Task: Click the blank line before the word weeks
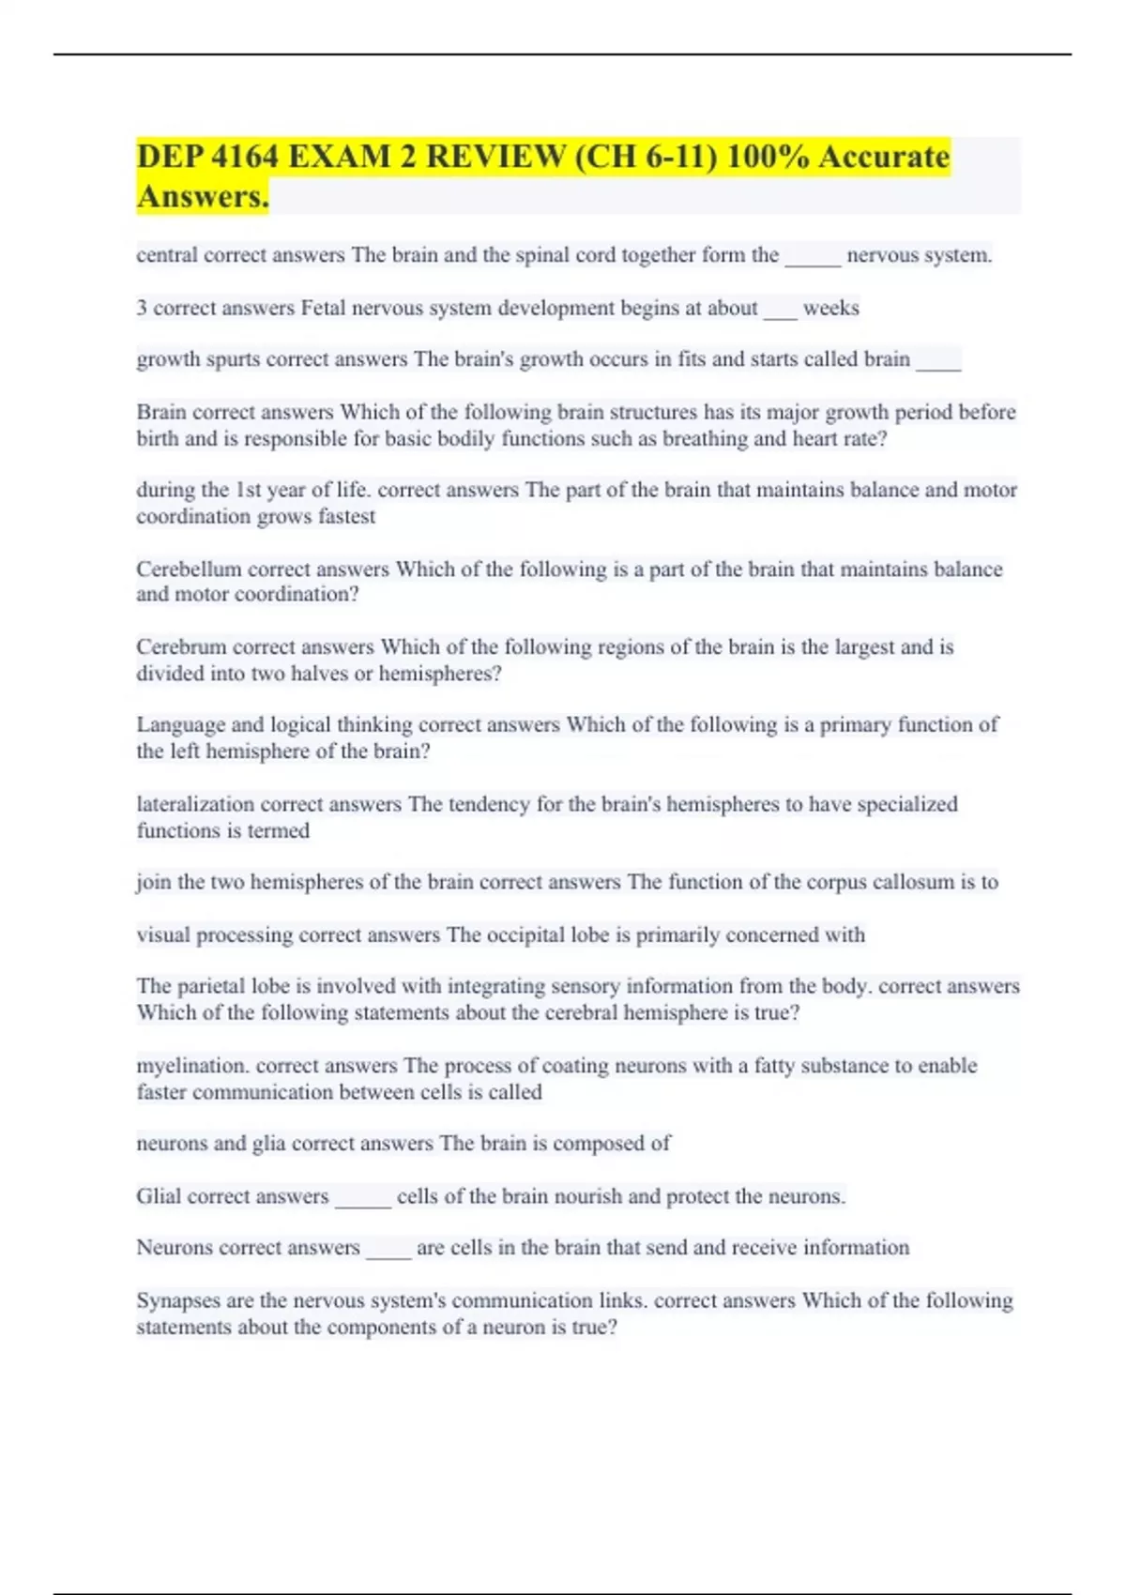coord(780,310)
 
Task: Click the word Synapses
coord(179,1300)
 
